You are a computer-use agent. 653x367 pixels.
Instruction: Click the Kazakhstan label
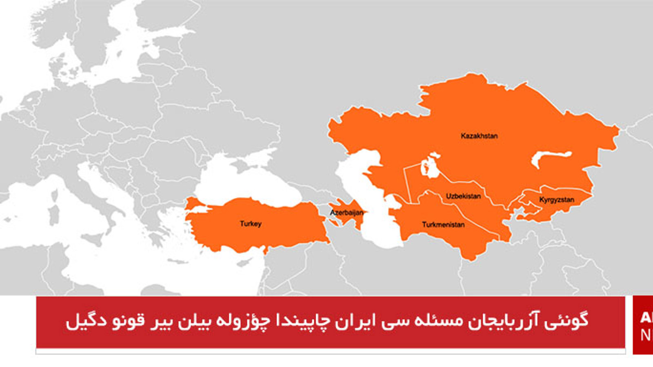point(479,136)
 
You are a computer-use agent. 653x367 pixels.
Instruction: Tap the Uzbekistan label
point(463,196)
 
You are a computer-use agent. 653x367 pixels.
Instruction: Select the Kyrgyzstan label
point(556,200)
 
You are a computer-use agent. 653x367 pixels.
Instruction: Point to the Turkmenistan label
point(443,225)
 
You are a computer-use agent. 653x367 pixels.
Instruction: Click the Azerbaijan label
point(346,212)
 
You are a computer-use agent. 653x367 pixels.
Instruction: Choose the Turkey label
point(251,223)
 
